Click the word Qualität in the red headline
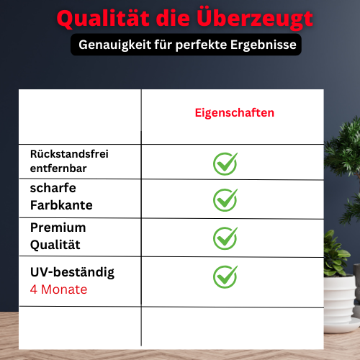tap(103, 19)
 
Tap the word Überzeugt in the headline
tap(255, 19)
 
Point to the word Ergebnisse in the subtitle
tap(264, 45)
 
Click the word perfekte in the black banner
tap(201, 45)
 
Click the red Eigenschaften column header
tap(235, 113)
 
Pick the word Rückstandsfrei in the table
tap(69, 154)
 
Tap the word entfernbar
tap(58, 168)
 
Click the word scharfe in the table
tap(53, 188)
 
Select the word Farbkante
tap(61, 205)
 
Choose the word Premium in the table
tap(58, 228)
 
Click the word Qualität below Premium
tap(55, 245)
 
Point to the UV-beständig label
tap(72, 273)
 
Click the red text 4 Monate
tap(58, 289)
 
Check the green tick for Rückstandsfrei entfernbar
tap(225, 163)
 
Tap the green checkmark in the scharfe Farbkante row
tap(225, 200)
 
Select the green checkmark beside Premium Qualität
tap(225, 238)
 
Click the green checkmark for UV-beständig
tap(225, 276)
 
